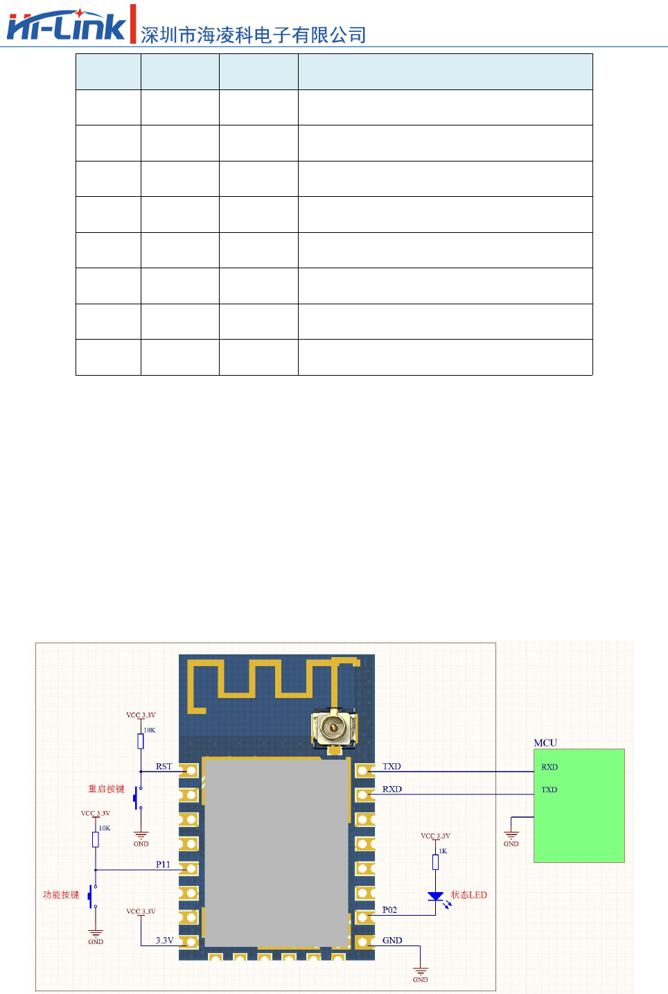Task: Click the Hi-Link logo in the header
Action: coord(67,25)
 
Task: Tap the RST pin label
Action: coord(164,767)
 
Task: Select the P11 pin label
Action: coord(163,864)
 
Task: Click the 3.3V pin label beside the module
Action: coord(164,941)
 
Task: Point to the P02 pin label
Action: coord(389,909)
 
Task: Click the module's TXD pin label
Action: coord(392,767)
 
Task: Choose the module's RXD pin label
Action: coord(392,789)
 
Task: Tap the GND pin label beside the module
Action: coord(392,941)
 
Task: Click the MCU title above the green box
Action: coord(545,743)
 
